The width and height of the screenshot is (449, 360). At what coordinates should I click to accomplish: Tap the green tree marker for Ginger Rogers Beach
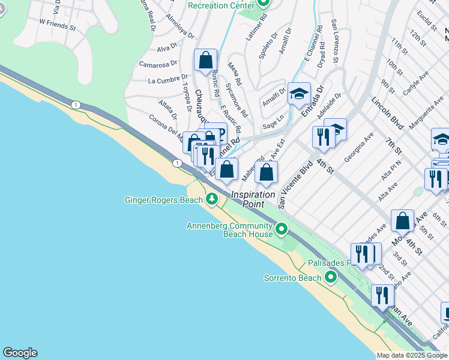click(x=211, y=199)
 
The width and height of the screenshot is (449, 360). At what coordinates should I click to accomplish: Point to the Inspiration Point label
click(x=253, y=199)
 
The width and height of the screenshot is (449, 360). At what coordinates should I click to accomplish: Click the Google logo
click(x=20, y=353)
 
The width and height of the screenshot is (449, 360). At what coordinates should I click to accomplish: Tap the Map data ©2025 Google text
click(x=411, y=355)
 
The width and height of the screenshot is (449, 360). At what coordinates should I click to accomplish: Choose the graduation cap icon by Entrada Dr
click(x=299, y=94)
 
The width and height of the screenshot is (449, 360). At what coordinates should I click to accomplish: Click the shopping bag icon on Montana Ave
click(x=402, y=220)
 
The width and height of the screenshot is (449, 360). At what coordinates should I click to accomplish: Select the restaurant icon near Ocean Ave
click(x=382, y=295)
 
